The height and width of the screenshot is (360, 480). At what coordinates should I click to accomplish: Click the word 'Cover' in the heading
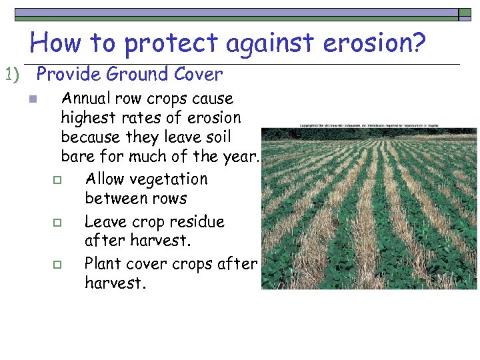point(199,75)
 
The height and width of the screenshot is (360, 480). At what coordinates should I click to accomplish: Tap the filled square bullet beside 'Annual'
point(31,100)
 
